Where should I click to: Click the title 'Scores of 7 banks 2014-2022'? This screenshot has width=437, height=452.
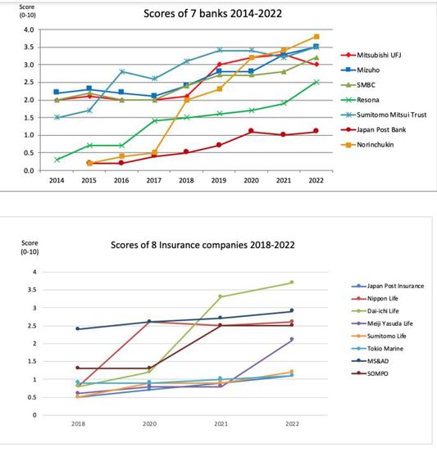click(x=212, y=14)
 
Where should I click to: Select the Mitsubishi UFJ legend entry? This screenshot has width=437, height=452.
click(x=371, y=55)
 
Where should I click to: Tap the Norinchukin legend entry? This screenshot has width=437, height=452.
click(x=367, y=144)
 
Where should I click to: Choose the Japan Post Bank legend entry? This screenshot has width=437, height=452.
click(x=373, y=129)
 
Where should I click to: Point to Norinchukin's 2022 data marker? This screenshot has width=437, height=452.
click(x=316, y=37)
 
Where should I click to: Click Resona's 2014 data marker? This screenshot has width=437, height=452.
click(x=57, y=160)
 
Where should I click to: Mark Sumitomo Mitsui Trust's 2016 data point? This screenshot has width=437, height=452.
click(x=121, y=71)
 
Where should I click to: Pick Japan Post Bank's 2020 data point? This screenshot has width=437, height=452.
click(x=251, y=131)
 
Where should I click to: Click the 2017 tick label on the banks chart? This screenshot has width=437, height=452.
click(x=153, y=180)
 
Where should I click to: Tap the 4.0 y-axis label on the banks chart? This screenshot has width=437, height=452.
click(x=29, y=29)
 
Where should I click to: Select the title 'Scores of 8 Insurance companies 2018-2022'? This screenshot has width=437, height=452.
click(x=203, y=245)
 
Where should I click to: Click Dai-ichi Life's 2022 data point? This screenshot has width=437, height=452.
click(x=292, y=282)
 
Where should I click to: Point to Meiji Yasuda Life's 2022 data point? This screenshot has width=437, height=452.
click(x=292, y=339)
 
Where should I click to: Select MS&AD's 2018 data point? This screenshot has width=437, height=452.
click(x=77, y=328)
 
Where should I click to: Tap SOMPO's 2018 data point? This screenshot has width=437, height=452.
click(x=77, y=368)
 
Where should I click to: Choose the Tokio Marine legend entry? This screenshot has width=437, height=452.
click(x=377, y=349)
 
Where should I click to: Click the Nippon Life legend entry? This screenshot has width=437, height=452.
click(x=375, y=298)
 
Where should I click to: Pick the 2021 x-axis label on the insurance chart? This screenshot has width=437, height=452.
click(x=221, y=423)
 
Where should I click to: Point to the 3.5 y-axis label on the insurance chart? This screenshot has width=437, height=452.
click(x=32, y=290)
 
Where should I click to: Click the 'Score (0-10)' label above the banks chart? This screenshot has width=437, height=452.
click(x=27, y=11)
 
